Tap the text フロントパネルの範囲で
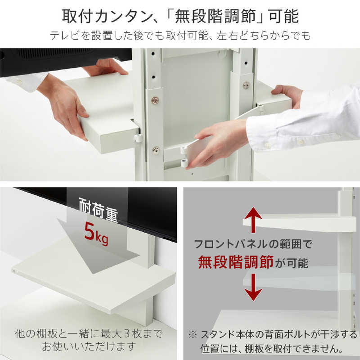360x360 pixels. point(253,245)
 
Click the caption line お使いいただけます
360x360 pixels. point(88,347)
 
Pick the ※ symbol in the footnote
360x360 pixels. point(193,335)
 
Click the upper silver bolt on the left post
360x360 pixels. point(155,100)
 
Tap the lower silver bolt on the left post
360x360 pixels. point(155,150)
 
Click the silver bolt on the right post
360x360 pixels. point(246,85)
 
